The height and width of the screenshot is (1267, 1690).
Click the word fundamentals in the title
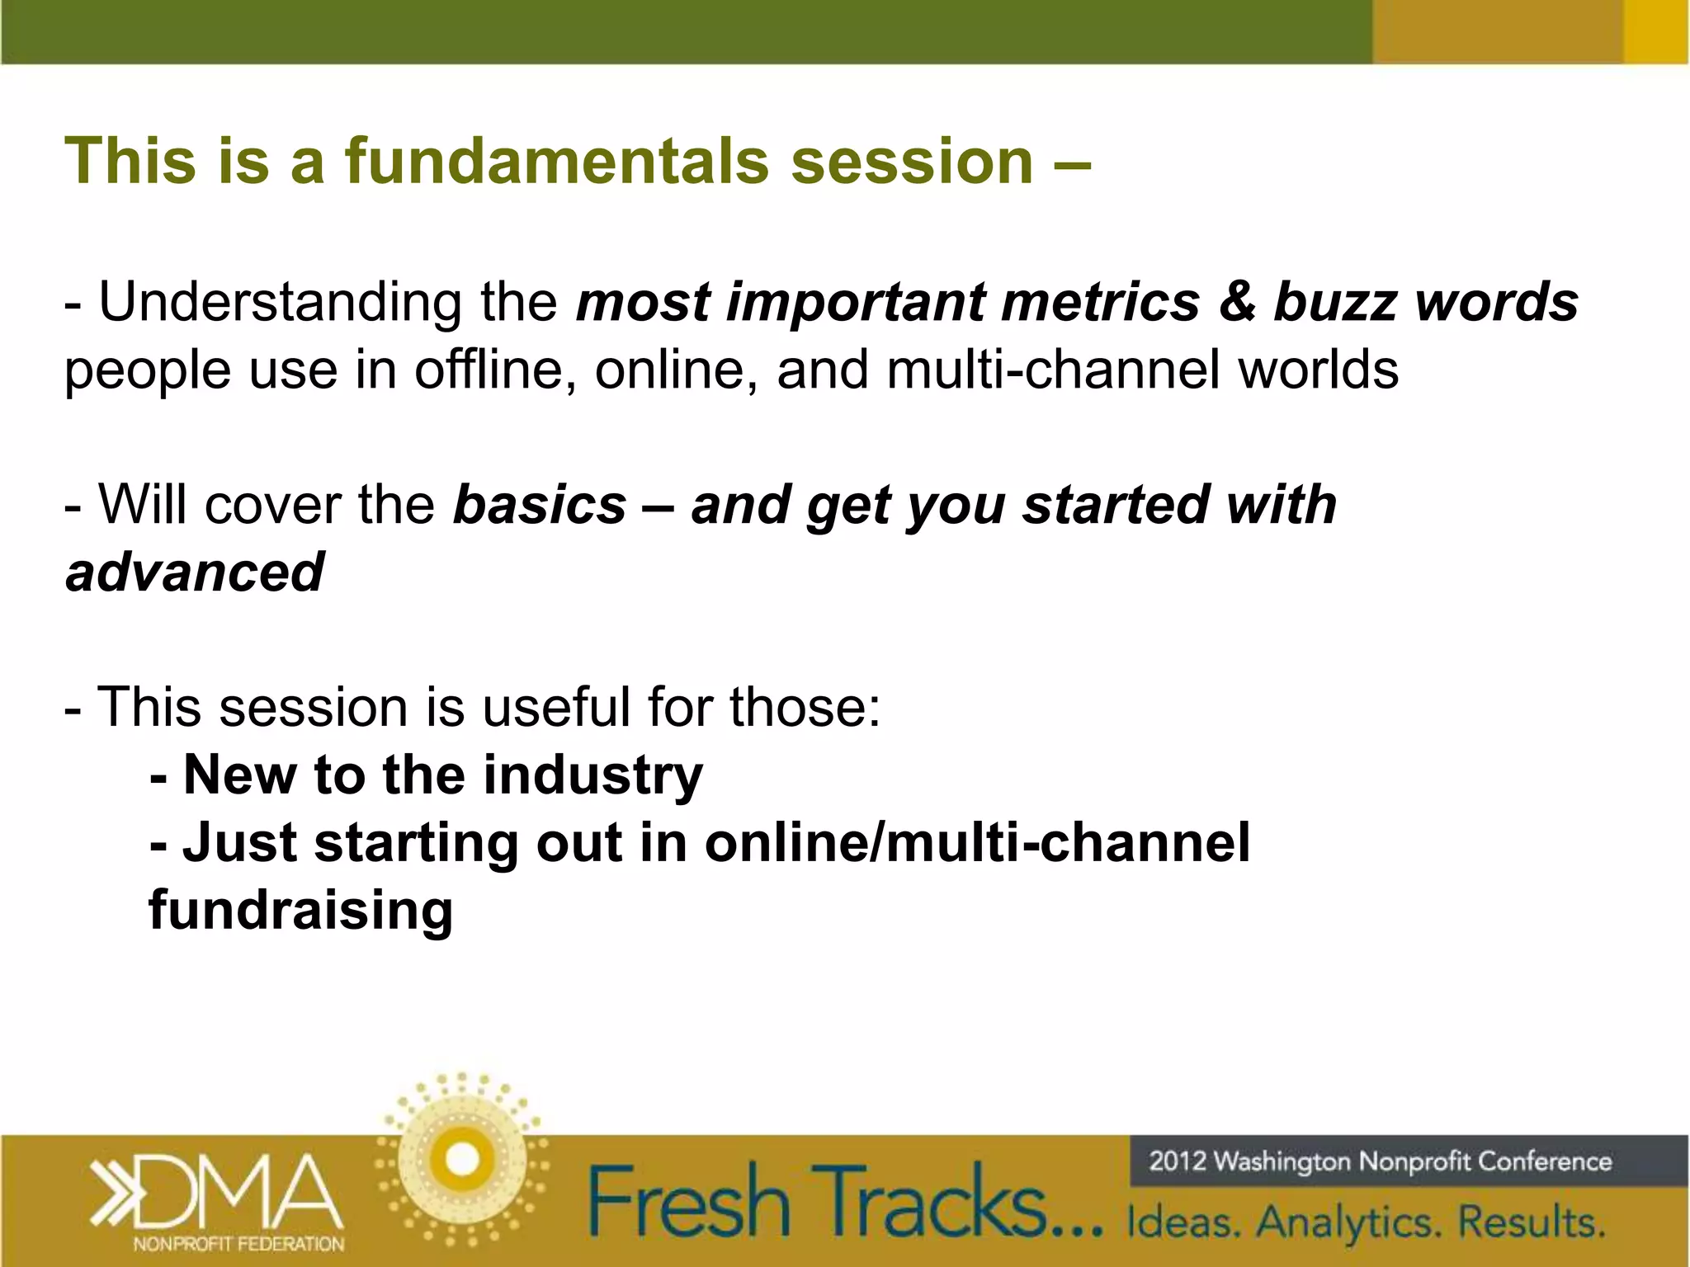pos(557,161)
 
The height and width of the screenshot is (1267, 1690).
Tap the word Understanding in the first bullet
pos(281,303)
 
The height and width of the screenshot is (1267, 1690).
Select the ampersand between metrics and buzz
pos(1236,301)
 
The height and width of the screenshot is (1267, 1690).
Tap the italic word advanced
pos(195,572)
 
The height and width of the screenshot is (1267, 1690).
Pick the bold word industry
pos(592,776)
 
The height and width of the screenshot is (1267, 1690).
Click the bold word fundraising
pos(301,911)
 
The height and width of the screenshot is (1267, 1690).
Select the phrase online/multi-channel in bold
pos(977,843)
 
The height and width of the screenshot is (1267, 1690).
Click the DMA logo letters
pos(239,1190)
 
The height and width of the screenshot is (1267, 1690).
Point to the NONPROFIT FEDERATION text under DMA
pos(238,1244)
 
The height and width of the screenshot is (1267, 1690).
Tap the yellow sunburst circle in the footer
pos(462,1160)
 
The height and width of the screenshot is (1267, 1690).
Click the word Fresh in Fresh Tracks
pos(689,1202)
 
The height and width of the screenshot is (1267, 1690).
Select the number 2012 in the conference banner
pos(1178,1161)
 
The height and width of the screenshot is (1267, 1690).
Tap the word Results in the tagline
pos(1531,1222)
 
